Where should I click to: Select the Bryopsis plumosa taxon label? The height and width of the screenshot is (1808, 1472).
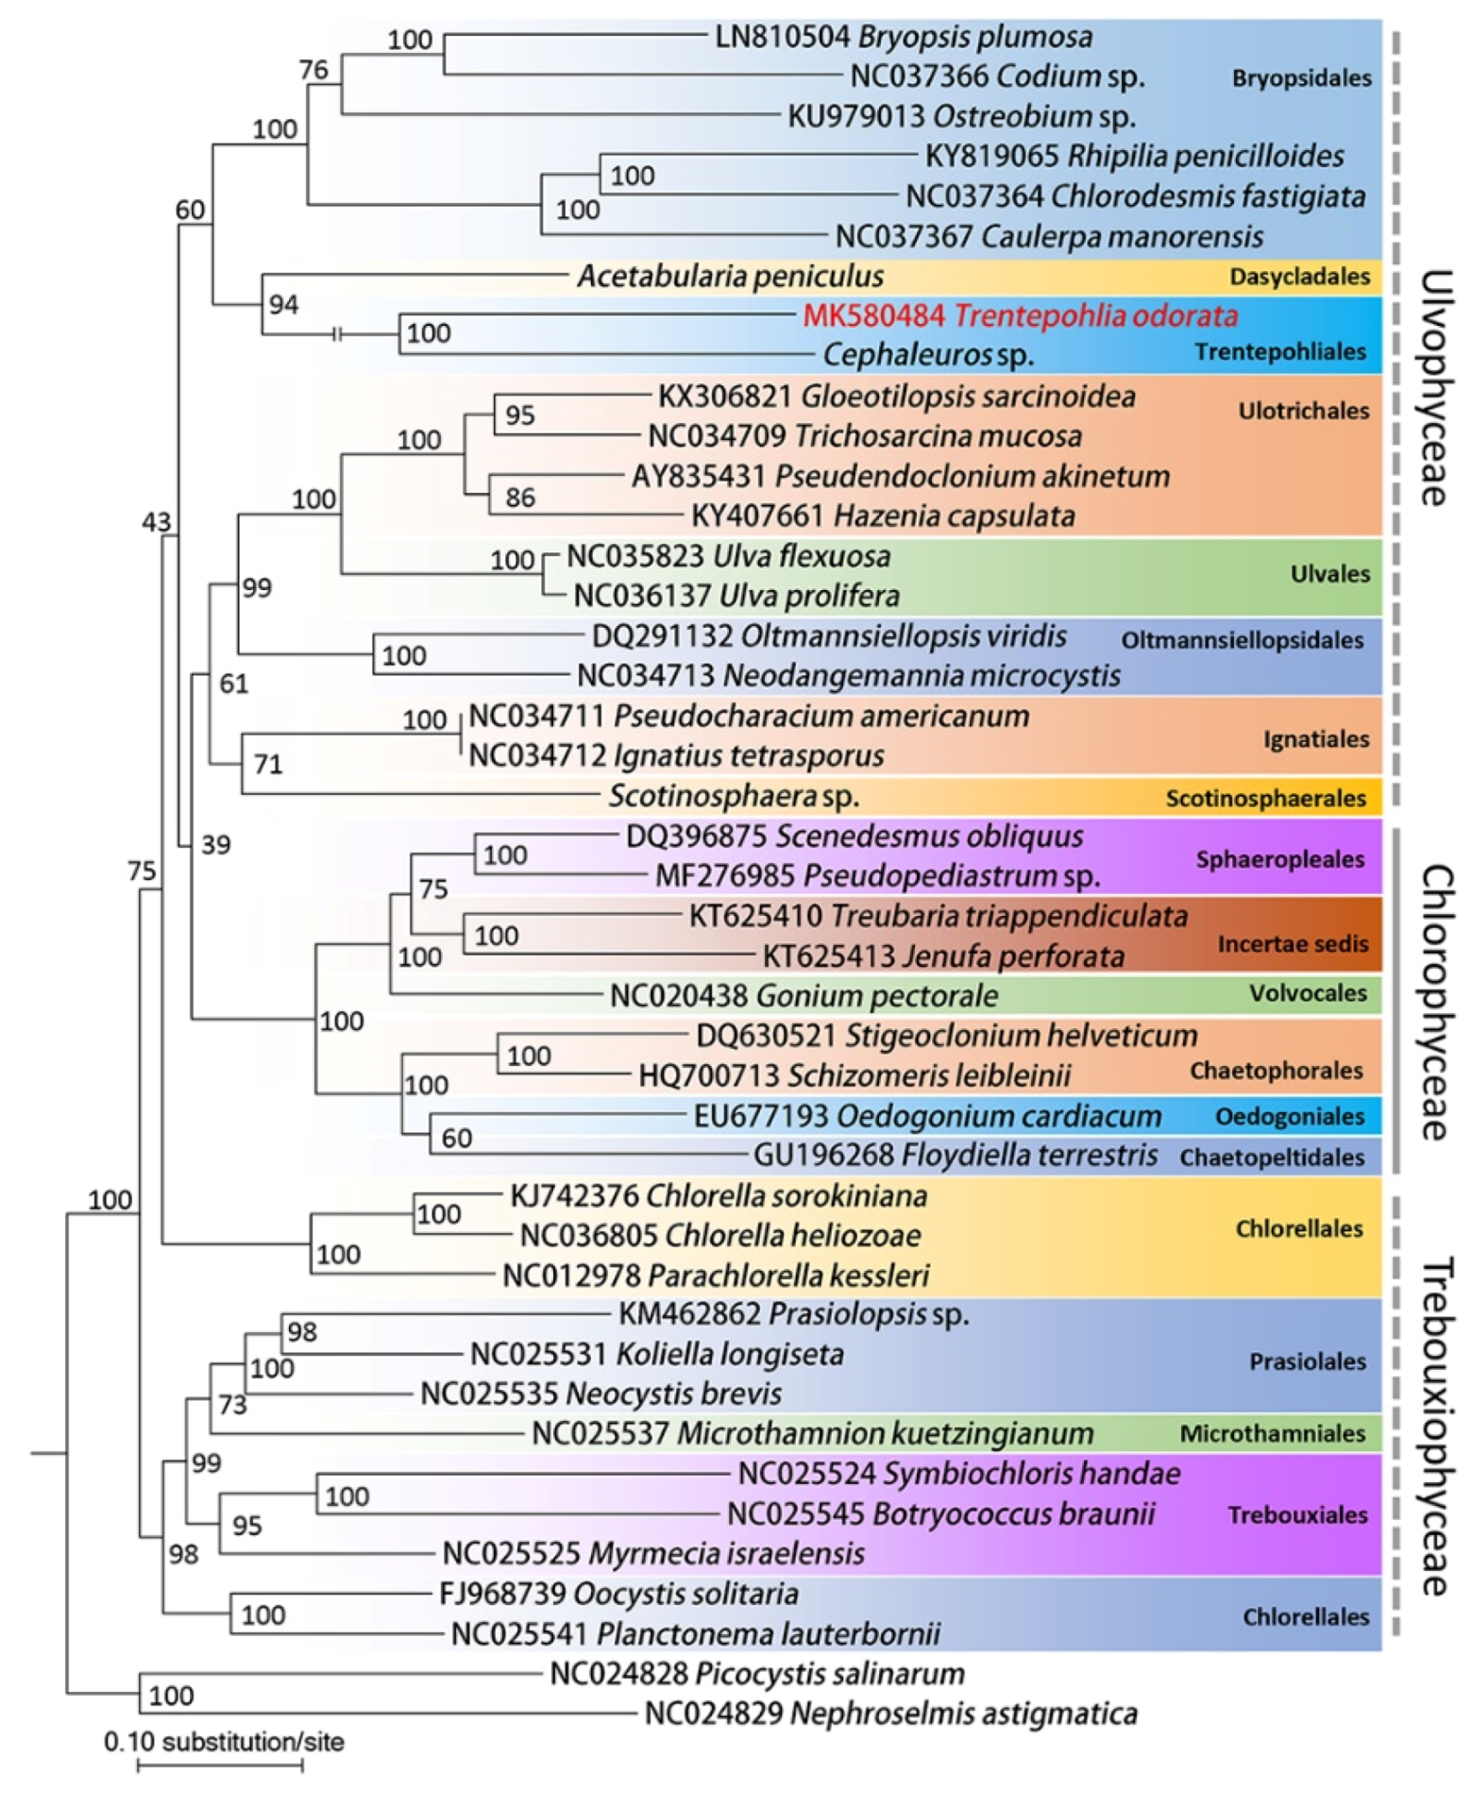[903, 37]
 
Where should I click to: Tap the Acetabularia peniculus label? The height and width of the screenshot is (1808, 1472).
[730, 276]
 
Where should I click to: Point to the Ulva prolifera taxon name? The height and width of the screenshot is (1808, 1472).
[736, 596]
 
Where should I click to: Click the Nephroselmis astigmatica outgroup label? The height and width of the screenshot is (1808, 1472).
[889, 1713]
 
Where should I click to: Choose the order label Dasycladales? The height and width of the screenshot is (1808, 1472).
[1298, 277]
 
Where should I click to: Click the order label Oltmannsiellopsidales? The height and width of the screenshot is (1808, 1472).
[1242, 640]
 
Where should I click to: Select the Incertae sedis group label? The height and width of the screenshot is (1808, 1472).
[1292, 943]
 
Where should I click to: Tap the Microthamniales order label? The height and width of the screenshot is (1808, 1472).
[1272, 1433]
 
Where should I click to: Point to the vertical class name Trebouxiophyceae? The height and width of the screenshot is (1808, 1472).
[1434, 1426]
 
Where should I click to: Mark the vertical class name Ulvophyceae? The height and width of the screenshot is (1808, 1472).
[1434, 387]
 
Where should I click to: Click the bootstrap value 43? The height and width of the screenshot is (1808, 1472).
[157, 521]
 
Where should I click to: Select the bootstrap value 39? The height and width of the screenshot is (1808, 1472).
[215, 844]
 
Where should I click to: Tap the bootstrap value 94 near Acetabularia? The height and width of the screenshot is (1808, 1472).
[283, 304]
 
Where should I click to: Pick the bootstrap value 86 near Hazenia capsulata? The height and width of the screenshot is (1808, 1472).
[519, 497]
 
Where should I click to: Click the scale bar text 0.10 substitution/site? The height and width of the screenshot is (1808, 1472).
[224, 1742]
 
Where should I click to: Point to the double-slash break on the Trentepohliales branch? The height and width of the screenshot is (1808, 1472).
[337, 333]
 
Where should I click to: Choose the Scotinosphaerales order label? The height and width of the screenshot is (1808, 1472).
[1265, 798]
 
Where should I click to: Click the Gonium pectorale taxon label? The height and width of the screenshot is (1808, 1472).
[803, 995]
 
